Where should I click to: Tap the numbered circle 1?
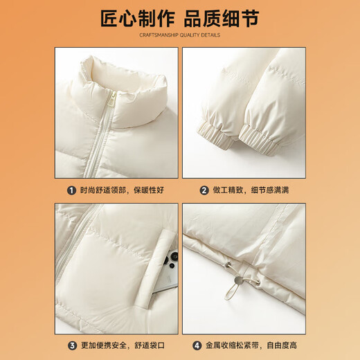click(x=71, y=190)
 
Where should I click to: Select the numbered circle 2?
click(x=204, y=190)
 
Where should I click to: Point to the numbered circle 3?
click(x=72, y=345)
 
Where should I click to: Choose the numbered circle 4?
click(x=197, y=345)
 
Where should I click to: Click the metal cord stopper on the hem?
click(x=239, y=280)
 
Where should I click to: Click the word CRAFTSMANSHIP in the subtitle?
click(x=159, y=35)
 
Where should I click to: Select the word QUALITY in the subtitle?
click(x=190, y=35)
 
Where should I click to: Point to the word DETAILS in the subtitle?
click(x=210, y=35)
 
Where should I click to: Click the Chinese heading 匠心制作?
click(x=138, y=19)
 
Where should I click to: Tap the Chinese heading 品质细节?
click(x=222, y=19)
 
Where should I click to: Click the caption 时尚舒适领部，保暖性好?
click(x=122, y=190)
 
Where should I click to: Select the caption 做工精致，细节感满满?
click(x=251, y=190)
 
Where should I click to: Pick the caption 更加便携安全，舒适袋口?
click(x=123, y=345)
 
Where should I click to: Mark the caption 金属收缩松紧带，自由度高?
click(x=251, y=345)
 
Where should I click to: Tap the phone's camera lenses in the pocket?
click(x=171, y=260)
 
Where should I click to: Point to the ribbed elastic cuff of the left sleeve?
click(x=213, y=136)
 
